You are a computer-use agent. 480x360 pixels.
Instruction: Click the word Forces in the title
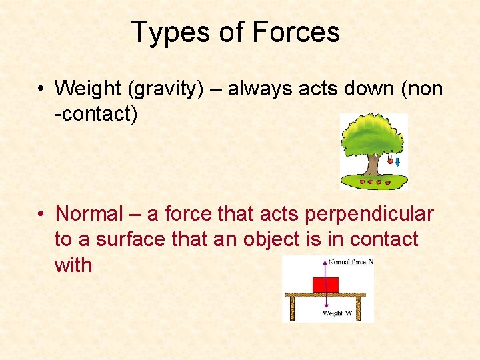(x=296, y=32)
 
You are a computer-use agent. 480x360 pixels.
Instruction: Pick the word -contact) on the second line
(x=96, y=114)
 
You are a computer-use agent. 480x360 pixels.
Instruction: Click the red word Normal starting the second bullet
(x=90, y=214)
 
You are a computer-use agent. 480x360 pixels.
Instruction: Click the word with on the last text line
(x=73, y=265)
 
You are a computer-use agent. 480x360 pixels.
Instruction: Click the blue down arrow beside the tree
(x=397, y=162)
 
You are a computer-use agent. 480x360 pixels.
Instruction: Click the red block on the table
(x=325, y=284)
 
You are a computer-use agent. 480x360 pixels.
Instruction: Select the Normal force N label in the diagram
(x=351, y=262)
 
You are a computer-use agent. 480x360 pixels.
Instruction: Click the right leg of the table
(x=359, y=307)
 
